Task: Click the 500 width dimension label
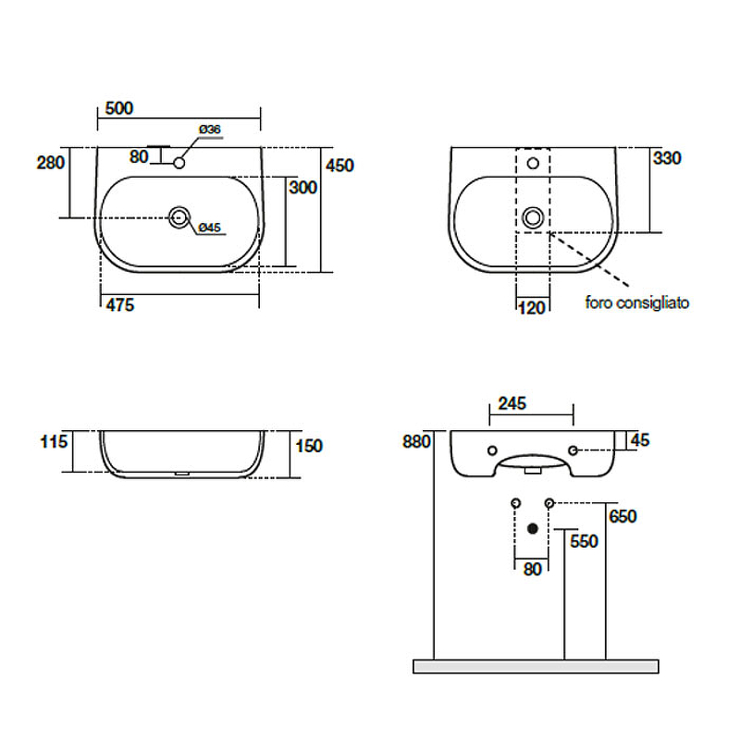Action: click(x=119, y=108)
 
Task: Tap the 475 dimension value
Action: click(x=120, y=305)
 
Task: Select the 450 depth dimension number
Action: click(x=339, y=166)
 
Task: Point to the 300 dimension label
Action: click(x=303, y=188)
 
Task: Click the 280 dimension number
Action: click(x=51, y=163)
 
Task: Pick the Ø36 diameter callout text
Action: click(x=210, y=129)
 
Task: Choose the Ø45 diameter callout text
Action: click(x=210, y=228)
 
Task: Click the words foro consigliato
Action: click(x=637, y=302)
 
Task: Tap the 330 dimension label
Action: click(x=667, y=158)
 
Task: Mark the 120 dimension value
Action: click(x=532, y=308)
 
